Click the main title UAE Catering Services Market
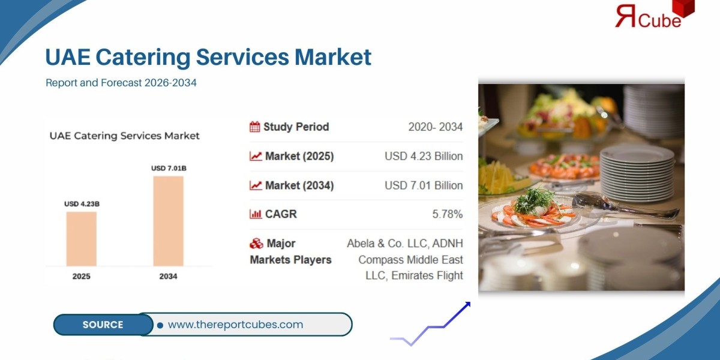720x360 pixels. point(208,57)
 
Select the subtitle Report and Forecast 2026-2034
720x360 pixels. point(121,83)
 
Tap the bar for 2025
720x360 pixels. point(82,239)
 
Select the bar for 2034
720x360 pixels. point(169,221)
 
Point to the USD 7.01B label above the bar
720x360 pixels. point(169,169)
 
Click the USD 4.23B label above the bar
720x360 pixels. point(82,204)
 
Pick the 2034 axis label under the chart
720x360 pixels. point(169,277)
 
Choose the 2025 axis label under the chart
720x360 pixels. point(82,277)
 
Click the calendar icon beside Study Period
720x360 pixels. point(255,127)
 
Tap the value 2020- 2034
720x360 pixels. point(435,127)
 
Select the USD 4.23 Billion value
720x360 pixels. point(424,156)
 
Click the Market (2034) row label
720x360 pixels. point(299,185)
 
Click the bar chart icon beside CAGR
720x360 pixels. point(255,214)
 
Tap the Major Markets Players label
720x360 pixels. point(291,251)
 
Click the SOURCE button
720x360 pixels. point(103,325)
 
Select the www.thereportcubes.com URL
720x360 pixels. point(235,325)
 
